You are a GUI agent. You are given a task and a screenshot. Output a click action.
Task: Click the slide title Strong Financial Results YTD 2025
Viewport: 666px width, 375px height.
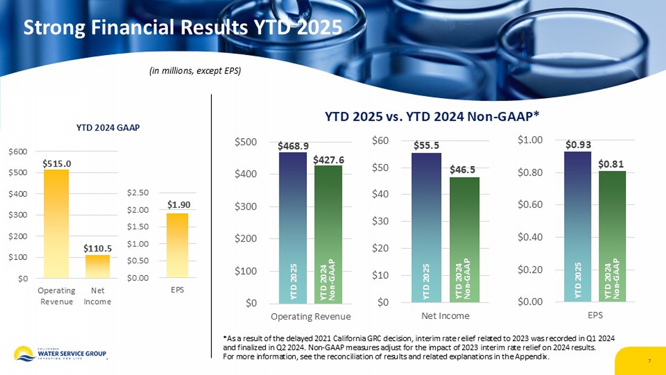[x=182, y=28]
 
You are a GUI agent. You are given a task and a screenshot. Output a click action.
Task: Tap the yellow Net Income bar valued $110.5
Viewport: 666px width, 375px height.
[x=98, y=266]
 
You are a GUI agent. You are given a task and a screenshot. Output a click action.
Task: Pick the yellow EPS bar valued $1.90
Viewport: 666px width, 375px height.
[x=177, y=245]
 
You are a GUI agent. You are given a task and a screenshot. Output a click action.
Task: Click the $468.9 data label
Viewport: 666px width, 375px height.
[x=293, y=146]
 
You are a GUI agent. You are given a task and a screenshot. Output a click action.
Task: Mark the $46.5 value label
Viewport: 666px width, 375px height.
[x=462, y=170]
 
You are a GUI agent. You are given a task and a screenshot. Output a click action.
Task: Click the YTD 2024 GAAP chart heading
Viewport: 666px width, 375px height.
[x=108, y=128]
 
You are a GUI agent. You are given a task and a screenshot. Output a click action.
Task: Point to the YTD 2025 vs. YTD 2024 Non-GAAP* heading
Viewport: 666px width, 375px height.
[x=432, y=116]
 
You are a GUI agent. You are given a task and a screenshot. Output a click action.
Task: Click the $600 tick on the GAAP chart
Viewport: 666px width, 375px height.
[x=18, y=152]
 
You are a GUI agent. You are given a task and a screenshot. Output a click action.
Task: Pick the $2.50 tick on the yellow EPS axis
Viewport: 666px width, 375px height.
[x=138, y=193]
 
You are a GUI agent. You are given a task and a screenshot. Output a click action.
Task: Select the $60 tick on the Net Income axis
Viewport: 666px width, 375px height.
[x=380, y=141]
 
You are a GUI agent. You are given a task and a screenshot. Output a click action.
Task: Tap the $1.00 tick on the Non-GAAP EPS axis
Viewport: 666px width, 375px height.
[x=530, y=140]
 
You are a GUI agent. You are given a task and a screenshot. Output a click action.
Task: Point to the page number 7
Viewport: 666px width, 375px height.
[x=649, y=361]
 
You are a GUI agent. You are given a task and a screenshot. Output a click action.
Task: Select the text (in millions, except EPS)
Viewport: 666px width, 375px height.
[x=195, y=71]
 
